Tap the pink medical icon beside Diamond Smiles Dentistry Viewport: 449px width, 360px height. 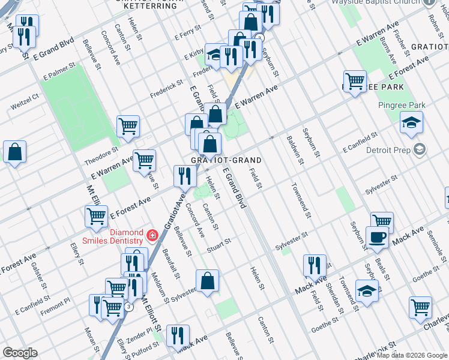point(152,234)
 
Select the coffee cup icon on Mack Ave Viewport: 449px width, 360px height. point(376,237)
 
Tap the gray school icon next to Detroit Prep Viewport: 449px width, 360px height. point(420,148)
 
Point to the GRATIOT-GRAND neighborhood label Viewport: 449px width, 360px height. point(226,160)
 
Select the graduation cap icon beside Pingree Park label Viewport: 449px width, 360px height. point(411,123)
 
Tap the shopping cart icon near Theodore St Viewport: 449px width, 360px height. point(128,127)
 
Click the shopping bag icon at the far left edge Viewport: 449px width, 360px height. point(15,152)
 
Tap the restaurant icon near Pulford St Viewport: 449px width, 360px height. point(178,335)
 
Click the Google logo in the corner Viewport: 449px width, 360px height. point(20,353)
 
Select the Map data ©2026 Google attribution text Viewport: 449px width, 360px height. point(411,355)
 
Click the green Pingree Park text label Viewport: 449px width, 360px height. point(402,106)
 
